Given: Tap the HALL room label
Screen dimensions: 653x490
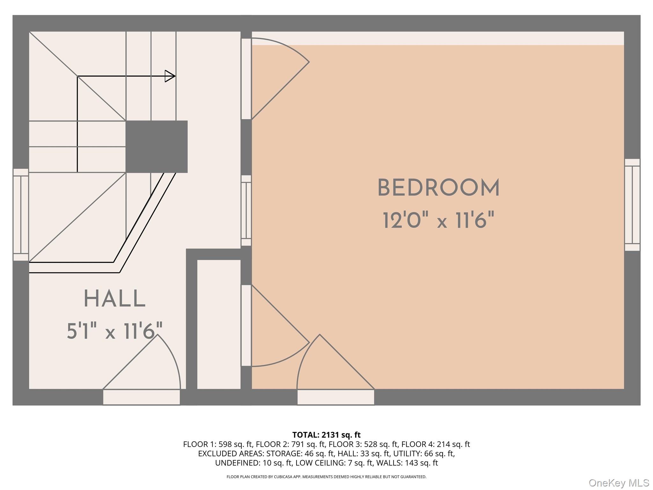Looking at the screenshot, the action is (115, 299).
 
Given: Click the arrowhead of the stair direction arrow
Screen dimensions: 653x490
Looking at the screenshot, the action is (170, 76).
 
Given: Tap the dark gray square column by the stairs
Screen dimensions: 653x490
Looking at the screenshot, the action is (157, 146).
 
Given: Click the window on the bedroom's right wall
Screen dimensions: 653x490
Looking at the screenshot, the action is (632, 205).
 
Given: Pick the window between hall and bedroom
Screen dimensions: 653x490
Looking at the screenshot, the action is (246, 211).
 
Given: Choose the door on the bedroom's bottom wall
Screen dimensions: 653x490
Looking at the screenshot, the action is (336, 370).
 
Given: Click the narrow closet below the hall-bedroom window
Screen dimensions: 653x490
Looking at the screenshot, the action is (219, 324).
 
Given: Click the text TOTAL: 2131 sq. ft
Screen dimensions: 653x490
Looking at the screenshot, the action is (326, 435).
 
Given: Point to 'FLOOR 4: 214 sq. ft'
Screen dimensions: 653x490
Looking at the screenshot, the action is (436, 444).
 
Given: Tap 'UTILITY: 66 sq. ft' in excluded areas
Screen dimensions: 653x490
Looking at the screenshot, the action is (423, 453).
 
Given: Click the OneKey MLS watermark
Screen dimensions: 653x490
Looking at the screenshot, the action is (619, 483).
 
